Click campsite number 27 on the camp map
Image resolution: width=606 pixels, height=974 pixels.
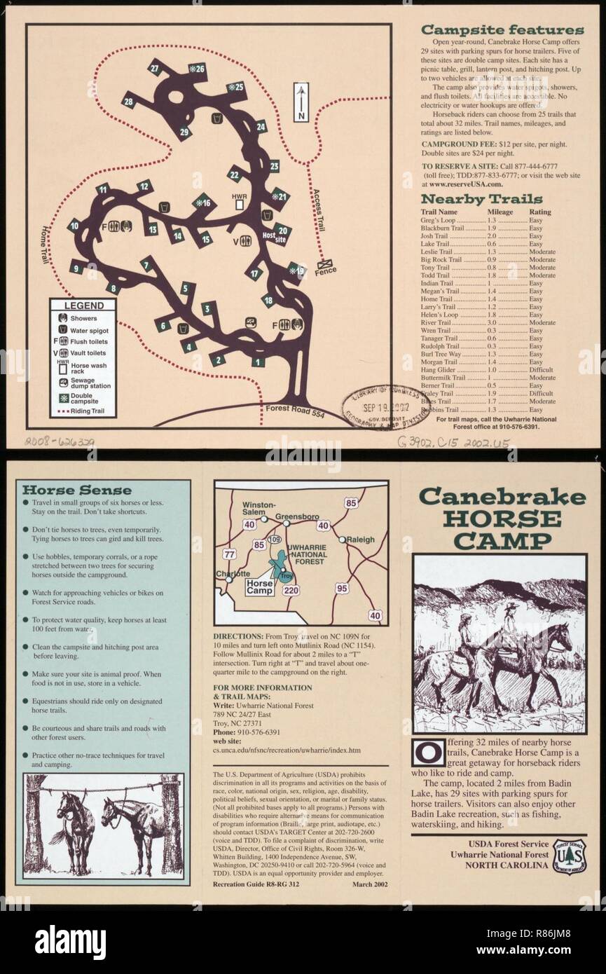pyautogui.click(x=155, y=69)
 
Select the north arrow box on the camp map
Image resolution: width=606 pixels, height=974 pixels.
pyautogui.click(x=301, y=102)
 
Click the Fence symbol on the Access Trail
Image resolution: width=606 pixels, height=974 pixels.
pyautogui.click(x=326, y=264)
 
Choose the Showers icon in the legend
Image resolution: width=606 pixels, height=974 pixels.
pyautogui.click(x=62, y=318)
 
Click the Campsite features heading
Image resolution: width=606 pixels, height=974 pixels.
pyautogui.click(x=502, y=30)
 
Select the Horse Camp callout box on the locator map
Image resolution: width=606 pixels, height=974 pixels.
pyautogui.click(x=260, y=587)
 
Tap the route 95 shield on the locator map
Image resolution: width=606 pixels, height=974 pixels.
pyautogui.click(x=342, y=589)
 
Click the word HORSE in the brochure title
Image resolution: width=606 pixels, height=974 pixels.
pyautogui.click(x=502, y=519)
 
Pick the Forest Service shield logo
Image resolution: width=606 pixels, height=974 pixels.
pyautogui.click(x=570, y=854)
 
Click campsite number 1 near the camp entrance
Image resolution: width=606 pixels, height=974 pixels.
pyautogui.click(x=258, y=362)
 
